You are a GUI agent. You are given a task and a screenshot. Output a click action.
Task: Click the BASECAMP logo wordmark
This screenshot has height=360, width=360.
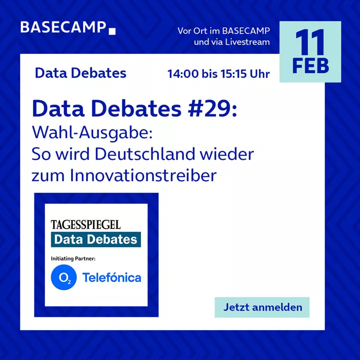63,27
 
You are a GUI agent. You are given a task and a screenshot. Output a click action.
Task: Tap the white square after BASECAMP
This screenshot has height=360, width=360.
112,31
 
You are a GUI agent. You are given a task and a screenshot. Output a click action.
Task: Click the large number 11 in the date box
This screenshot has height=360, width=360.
310,42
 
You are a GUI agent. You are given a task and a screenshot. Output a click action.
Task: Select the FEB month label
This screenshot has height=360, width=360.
310,66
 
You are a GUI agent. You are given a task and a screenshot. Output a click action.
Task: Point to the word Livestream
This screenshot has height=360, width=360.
247,42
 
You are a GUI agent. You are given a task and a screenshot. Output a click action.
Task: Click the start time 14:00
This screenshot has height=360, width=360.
183,74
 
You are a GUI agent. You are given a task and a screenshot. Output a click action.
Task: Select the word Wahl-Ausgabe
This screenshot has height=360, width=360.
92,133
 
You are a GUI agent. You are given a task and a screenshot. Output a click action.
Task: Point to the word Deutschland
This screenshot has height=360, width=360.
145,154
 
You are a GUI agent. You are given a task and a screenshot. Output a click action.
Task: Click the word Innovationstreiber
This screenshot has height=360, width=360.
143,175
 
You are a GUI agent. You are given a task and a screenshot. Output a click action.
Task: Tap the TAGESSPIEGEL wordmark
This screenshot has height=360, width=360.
85,225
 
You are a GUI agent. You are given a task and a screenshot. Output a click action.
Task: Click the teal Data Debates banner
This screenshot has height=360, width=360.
95,239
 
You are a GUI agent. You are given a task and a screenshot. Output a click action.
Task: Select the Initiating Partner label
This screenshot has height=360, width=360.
73,259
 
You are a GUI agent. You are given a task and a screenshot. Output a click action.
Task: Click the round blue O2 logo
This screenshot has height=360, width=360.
63,277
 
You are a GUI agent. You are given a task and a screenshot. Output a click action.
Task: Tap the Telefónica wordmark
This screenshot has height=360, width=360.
112,277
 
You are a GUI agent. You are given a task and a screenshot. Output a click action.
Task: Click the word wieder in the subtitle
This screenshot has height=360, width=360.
227,154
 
